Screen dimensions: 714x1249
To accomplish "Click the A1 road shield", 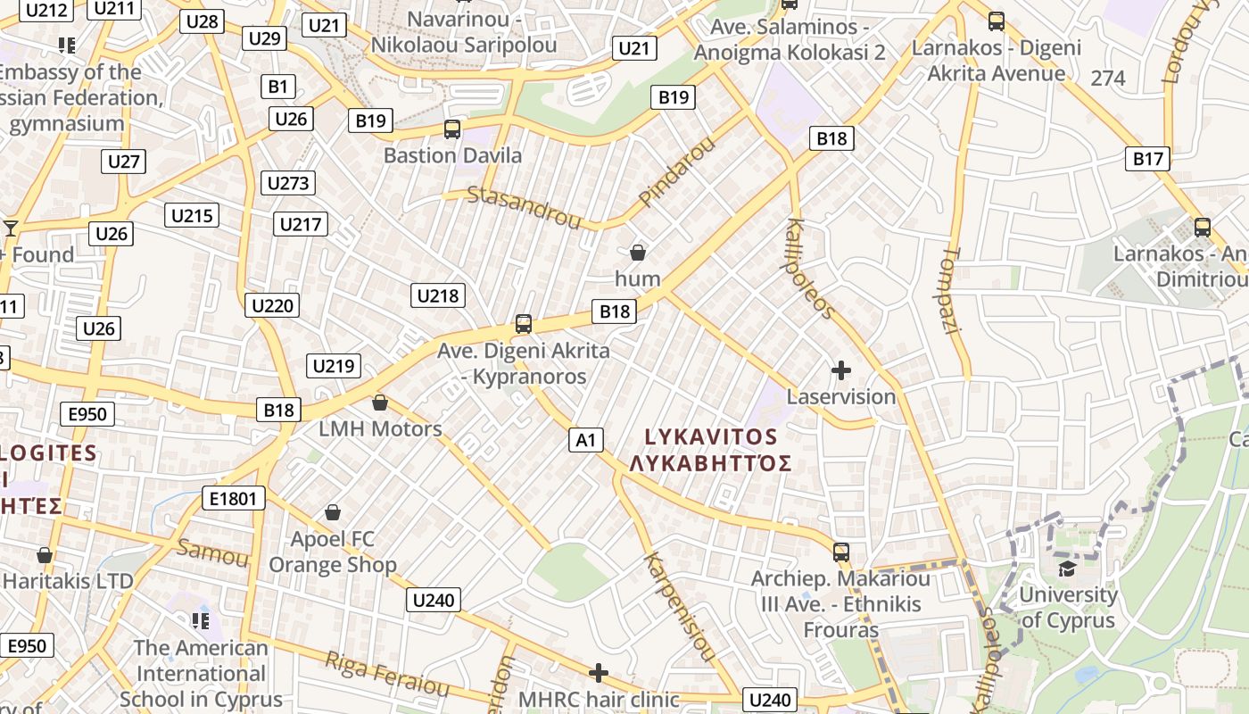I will (585, 439).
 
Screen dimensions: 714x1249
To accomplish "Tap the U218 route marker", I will (438, 295).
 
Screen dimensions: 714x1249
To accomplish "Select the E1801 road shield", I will (233, 498).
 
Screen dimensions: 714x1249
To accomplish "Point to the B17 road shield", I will (1148, 159).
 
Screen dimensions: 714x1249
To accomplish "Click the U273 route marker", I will (288, 183).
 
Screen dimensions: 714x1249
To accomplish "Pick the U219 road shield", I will (334, 365).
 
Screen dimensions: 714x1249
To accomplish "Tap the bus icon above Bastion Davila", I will (452, 129).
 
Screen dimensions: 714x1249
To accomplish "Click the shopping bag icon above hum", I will (638, 253).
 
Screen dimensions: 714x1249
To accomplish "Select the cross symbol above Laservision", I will (840, 369).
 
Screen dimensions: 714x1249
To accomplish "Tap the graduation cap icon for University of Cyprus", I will (1067, 569).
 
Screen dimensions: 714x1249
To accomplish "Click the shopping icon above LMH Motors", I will (380, 403).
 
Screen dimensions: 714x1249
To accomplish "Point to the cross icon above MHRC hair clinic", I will (599, 672).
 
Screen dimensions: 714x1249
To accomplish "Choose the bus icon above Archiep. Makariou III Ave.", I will (840, 552).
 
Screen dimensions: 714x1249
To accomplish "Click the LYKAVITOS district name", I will (711, 436).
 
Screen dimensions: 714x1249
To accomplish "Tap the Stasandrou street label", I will (524, 206).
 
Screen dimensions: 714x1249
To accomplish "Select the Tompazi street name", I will (949, 291).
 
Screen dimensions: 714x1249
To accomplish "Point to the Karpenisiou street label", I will (680, 607).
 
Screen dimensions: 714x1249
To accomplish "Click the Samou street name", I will (212, 552).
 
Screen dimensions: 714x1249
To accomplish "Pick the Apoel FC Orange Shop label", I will (333, 552).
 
